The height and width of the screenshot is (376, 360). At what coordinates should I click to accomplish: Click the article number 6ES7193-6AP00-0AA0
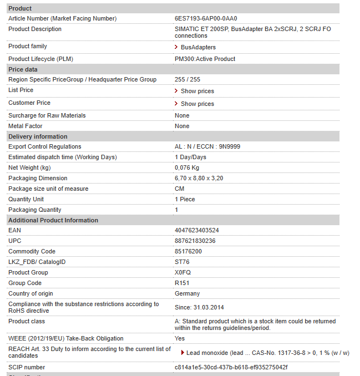pyautogui.click(x=206, y=18)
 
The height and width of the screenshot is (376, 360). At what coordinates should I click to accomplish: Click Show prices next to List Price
pyautogui.click(x=197, y=91)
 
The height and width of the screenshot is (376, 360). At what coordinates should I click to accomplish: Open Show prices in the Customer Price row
pyautogui.click(x=197, y=104)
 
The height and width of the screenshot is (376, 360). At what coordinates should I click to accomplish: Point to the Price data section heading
pyautogui.click(x=23, y=69)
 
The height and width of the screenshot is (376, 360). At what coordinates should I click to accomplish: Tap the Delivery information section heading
pyautogui.click(x=38, y=136)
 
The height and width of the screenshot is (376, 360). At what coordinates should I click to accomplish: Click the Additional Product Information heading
pyautogui.click(x=53, y=220)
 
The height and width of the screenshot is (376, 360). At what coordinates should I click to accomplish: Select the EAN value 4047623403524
pyautogui.click(x=197, y=230)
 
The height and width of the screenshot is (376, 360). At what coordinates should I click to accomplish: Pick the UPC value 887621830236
pyautogui.click(x=195, y=241)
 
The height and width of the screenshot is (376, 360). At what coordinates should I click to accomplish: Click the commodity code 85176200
pyautogui.click(x=189, y=251)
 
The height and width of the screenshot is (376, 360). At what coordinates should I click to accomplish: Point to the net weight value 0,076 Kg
pyautogui.click(x=187, y=167)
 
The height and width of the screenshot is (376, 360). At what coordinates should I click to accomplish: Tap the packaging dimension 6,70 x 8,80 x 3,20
pyautogui.click(x=199, y=178)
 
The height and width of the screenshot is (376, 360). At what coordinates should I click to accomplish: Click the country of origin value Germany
pyautogui.click(x=187, y=293)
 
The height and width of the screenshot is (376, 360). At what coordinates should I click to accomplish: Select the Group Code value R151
pyautogui.click(x=182, y=283)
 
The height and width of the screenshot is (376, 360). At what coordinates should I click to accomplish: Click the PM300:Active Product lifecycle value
pyautogui.click(x=205, y=59)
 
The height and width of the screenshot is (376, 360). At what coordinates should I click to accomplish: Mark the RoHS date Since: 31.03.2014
pyautogui.click(x=199, y=307)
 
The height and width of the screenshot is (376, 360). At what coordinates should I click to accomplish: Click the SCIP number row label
pyautogui.click(x=27, y=367)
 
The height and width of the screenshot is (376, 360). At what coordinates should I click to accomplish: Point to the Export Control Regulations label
pyautogui.click(x=44, y=146)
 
